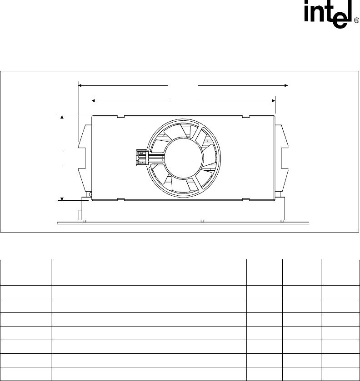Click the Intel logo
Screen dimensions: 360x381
pos(329,14)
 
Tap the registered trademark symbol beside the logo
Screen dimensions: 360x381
pos(356,20)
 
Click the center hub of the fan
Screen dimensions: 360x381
pos(184,158)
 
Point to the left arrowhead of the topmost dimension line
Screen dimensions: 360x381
pos(80,85)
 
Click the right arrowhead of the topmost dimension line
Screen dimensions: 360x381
pos(286,85)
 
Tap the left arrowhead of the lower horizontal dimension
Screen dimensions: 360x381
pos(94,101)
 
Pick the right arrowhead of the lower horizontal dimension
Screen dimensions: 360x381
pos(273,101)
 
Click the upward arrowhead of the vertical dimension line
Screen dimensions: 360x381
pos(62,118)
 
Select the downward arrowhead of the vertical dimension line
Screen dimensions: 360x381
pos(62,199)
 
